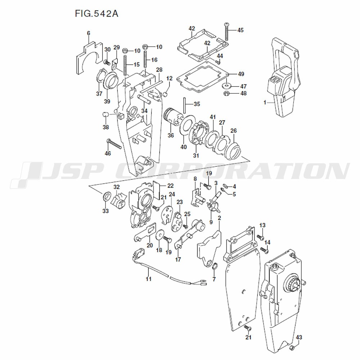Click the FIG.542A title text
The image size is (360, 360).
97,14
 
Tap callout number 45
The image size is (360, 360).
240,30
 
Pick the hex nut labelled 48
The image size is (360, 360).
227,94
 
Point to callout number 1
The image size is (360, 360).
265,103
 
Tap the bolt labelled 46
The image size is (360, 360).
114,145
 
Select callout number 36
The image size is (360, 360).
171,135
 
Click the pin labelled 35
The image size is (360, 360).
184,104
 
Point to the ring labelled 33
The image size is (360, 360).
107,197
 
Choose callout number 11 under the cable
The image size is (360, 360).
149,279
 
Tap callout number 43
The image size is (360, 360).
299,337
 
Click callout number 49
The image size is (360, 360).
241,74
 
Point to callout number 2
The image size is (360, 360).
219,218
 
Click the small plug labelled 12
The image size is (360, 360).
166,94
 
